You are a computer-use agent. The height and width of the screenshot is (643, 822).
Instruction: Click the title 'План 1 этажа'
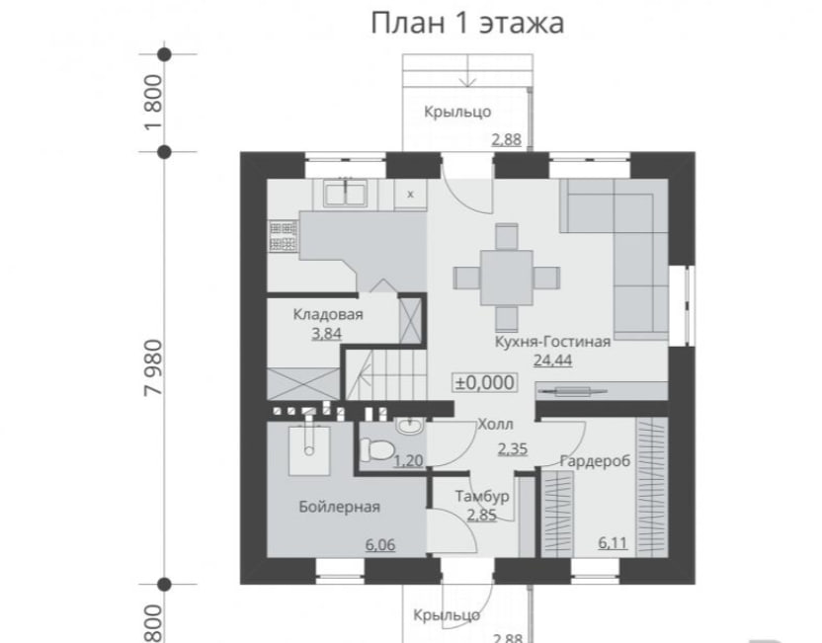(x=467, y=24)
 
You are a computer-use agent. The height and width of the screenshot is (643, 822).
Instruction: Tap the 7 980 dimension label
(x=153, y=366)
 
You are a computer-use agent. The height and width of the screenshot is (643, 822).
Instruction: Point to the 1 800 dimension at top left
(x=153, y=103)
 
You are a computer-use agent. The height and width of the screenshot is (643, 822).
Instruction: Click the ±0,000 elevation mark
(x=485, y=382)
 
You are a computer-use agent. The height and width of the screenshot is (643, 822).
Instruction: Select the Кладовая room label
(x=328, y=314)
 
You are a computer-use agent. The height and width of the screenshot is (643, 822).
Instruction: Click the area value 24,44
(x=552, y=360)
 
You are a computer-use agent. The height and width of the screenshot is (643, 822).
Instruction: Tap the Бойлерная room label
(x=339, y=507)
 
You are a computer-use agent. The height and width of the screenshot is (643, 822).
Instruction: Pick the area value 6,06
(x=380, y=545)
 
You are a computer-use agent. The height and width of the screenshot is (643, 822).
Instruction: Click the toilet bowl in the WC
(x=377, y=450)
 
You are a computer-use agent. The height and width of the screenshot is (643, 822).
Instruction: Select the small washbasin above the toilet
(x=409, y=427)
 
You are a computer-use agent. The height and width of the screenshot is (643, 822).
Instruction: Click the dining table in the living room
(x=507, y=278)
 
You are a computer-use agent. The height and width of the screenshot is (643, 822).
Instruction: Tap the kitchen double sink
(x=346, y=194)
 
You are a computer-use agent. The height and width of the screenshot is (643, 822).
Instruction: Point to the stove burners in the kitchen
(x=283, y=235)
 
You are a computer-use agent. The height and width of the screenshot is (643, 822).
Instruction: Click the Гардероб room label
(x=595, y=461)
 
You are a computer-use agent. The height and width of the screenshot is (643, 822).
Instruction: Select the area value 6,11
(x=613, y=542)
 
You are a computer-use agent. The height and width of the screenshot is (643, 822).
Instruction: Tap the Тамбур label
(x=482, y=496)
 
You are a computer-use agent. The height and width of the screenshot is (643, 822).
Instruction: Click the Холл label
(x=495, y=424)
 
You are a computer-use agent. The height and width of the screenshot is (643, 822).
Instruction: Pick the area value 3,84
(x=327, y=333)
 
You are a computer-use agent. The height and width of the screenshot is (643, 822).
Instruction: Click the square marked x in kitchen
(x=410, y=194)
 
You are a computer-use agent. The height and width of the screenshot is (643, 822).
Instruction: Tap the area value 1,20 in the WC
(x=408, y=460)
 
